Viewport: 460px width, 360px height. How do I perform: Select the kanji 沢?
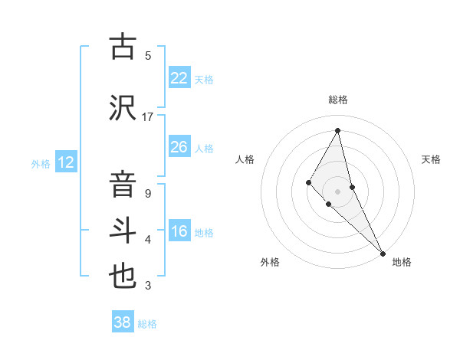(123, 106)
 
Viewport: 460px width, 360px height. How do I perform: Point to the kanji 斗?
(123, 231)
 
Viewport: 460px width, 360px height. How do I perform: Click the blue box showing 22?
(179, 78)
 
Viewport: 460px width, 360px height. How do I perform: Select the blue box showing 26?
(179, 147)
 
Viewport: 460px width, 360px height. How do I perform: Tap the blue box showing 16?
(179, 231)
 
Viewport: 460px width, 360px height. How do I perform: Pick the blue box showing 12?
(65, 162)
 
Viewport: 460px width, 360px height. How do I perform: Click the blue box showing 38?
(123, 322)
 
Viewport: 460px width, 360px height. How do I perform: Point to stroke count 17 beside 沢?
(148, 116)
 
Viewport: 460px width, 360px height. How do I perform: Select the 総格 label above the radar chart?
(338, 100)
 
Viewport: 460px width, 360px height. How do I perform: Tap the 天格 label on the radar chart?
(431, 159)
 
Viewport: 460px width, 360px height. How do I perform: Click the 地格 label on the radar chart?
(402, 262)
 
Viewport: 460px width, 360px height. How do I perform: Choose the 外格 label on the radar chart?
(270, 262)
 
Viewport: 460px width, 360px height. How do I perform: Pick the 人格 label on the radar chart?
(245, 159)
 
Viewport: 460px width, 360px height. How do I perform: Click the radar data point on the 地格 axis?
(383, 253)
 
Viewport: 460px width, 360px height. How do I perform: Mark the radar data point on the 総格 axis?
(338, 130)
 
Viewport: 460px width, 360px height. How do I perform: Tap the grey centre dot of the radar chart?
(338, 191)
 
